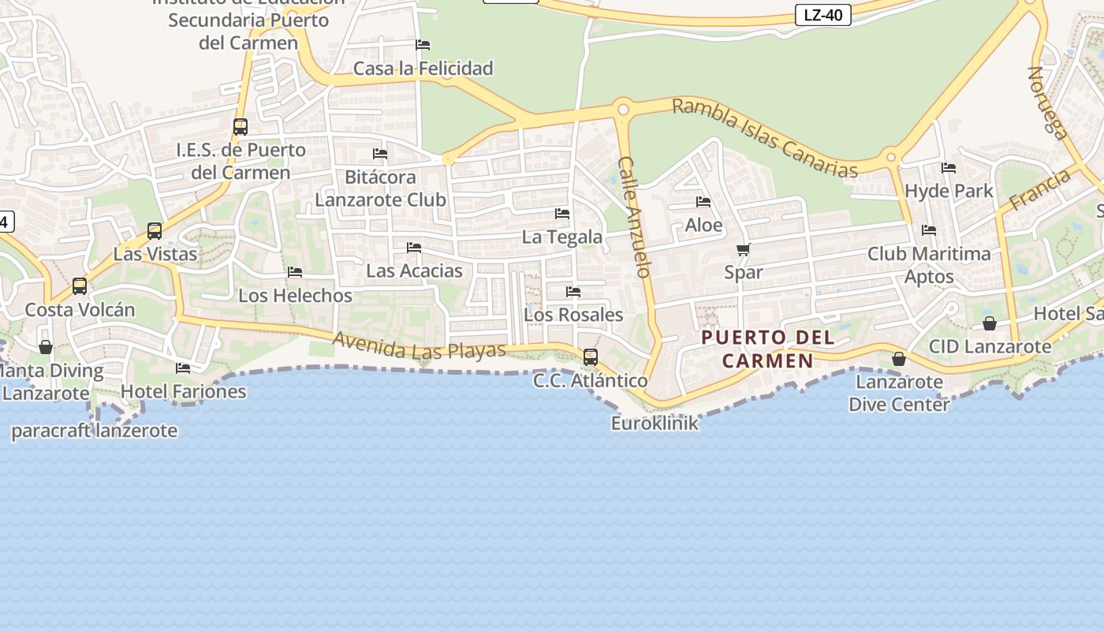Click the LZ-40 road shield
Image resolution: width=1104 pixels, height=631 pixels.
822,15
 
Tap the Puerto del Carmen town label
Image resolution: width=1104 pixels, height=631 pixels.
768,349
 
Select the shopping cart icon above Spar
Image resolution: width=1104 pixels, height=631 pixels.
743,250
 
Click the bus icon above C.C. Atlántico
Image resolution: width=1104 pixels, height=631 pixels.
591,357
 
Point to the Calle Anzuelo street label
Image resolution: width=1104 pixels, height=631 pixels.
633,217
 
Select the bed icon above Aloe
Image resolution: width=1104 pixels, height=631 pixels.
703,203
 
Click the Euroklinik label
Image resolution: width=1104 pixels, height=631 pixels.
655,424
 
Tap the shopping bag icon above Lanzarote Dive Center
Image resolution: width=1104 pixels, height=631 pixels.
898,360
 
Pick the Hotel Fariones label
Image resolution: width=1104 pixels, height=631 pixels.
183,391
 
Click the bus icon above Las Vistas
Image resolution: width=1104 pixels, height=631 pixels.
155,231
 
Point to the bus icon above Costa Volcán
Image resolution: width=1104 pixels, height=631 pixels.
80,286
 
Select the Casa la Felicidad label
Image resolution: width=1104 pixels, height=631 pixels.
423,69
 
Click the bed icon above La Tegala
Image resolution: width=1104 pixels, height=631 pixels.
562,214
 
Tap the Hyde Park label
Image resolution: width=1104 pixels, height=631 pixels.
949,191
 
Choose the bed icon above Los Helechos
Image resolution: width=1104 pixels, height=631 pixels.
295,272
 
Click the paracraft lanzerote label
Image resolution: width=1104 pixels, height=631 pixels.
94,431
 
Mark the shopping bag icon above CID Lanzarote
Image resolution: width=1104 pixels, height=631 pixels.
990,323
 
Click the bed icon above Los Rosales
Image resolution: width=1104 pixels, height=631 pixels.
573,292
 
